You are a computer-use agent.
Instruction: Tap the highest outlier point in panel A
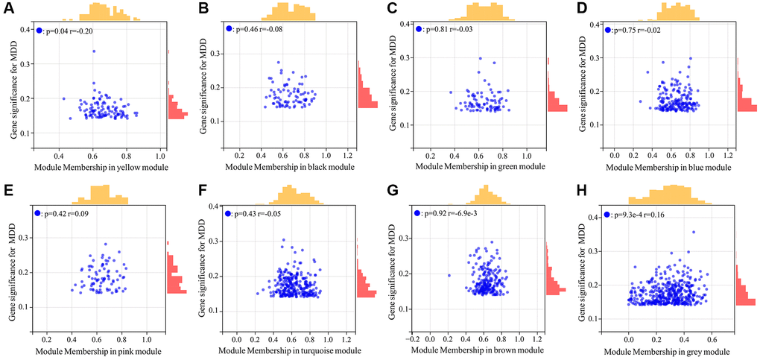[x=94, y=51]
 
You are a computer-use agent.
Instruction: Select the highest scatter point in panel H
[x=693, y=232]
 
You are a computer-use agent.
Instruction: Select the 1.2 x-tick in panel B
[x=347, y=155]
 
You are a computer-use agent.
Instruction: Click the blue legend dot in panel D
[x=608, y=30]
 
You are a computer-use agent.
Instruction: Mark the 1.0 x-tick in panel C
[x=526, y=155]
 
